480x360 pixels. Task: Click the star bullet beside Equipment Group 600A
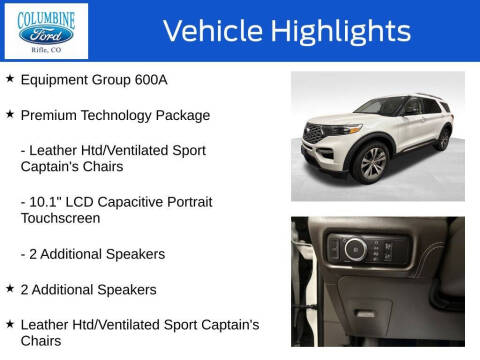coord(10,77)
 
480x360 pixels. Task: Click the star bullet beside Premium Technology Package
coord(10,114)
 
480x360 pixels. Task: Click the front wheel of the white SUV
coord(372,162)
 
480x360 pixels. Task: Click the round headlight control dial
coord(355,248)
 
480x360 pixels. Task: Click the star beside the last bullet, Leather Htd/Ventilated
coord(10,323)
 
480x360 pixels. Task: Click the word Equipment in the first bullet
coord(55,78)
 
